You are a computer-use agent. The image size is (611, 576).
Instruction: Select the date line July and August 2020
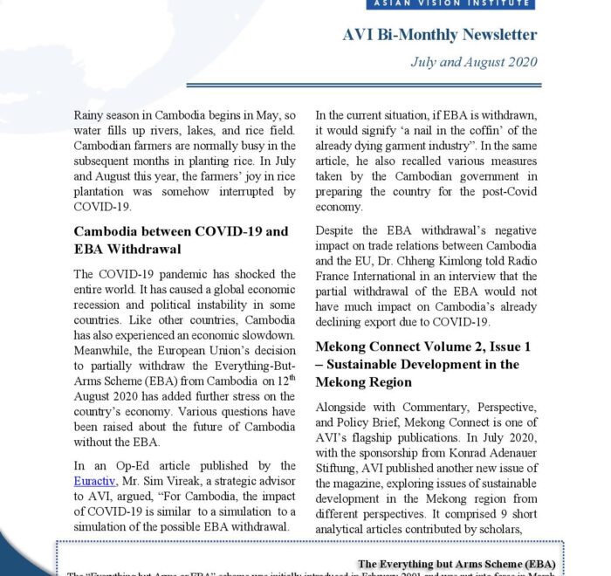point(474,63)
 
